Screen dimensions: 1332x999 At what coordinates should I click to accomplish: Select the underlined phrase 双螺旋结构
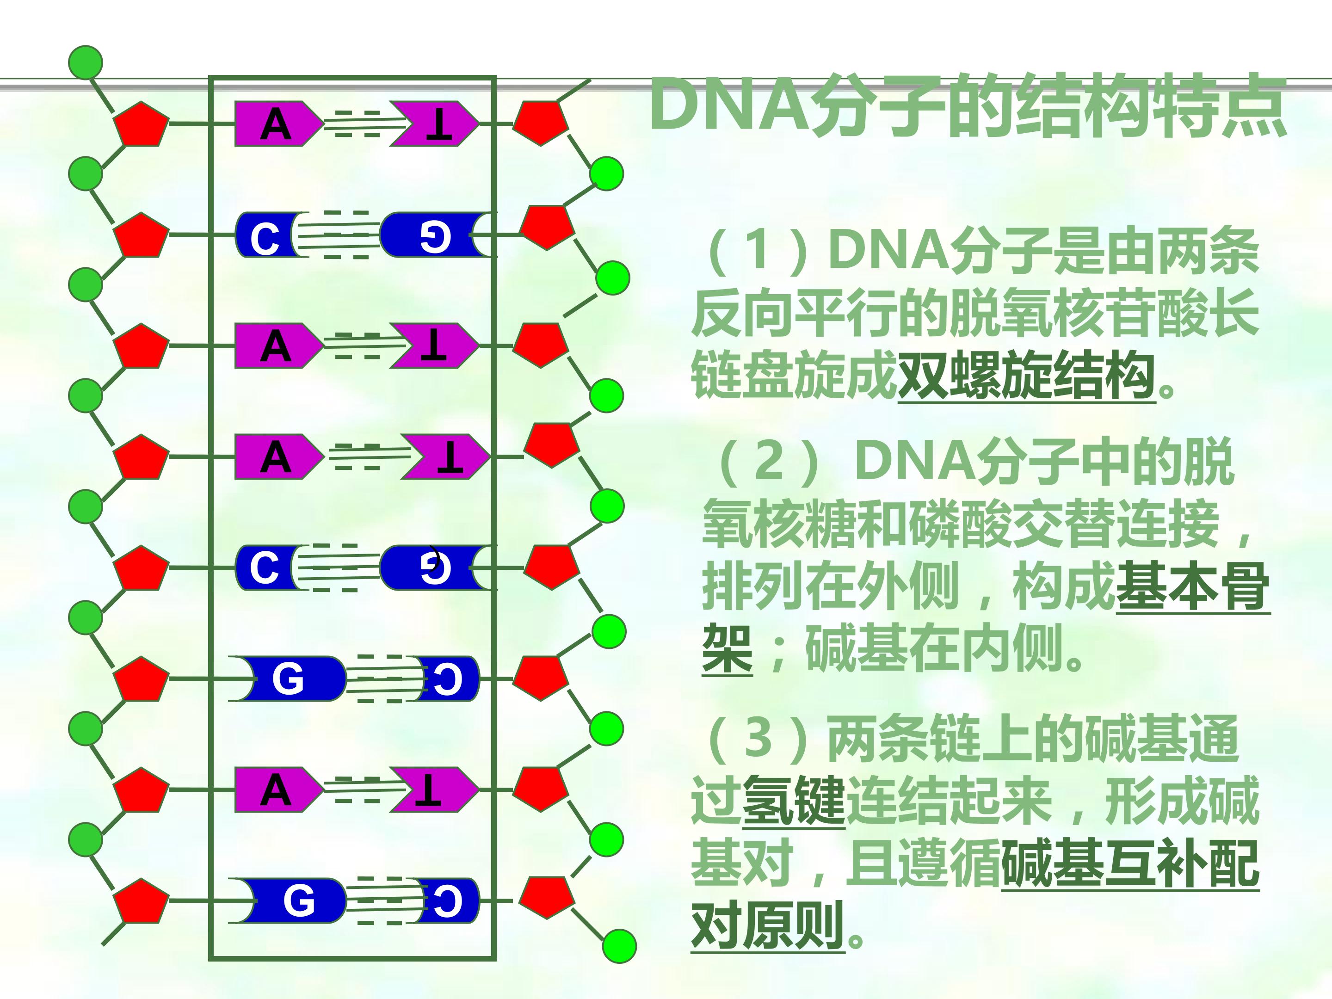click(x=1026, y=376)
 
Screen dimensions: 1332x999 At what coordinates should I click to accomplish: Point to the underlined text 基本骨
click(x=1193, y=586)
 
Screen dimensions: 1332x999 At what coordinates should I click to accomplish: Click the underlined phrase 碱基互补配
click(x=1130, y=864)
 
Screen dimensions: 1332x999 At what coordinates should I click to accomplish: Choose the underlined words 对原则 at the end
click(x=768, y=927)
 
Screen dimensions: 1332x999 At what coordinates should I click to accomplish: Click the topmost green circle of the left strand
click(x=86, y=62)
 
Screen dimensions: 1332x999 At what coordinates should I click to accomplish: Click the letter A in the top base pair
click(x=276, y=125)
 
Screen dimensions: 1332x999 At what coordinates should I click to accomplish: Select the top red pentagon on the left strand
click(x=142, y=125)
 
